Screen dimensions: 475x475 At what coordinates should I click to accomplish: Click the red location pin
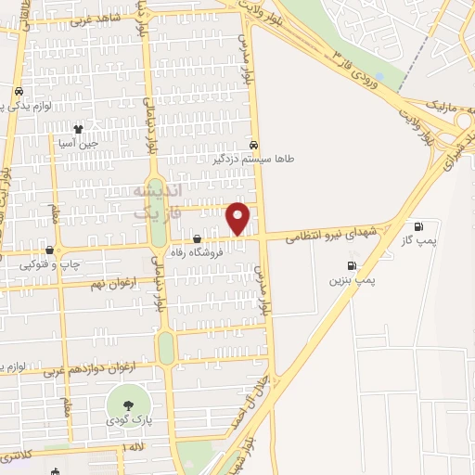coord(239,218)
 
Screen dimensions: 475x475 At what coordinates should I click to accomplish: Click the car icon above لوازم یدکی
coord(19,92)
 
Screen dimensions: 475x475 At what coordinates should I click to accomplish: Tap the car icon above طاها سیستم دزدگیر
coord(254,145)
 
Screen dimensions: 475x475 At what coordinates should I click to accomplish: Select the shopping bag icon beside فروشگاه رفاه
coord(197,238)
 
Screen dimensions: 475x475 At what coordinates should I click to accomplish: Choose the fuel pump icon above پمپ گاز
coord(418,225)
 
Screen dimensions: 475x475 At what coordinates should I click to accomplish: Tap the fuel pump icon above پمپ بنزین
coord(351,264)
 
